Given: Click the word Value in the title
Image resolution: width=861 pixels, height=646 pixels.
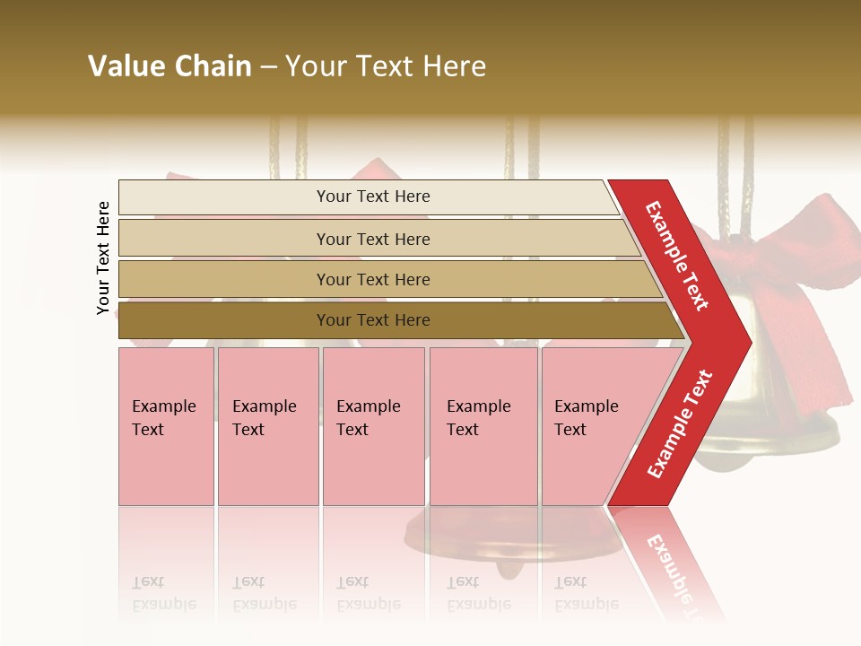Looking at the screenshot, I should (x=125, y=66).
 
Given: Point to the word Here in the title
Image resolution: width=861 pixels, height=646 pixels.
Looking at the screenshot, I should (x=453, y=66).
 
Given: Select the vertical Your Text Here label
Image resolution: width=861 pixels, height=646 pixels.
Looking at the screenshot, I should (x=103, y=258).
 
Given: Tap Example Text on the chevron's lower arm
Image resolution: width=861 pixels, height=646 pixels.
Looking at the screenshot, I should (x=679, y=423).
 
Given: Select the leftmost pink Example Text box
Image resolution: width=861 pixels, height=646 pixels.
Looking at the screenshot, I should (x=166, y=426).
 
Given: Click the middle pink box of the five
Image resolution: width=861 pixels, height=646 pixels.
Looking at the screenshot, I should (x=373, y=426).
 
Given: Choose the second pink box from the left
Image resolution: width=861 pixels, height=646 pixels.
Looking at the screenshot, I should (x=268, y=426).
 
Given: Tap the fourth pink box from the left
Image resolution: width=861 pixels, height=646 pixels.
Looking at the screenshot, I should (x=483, y=426).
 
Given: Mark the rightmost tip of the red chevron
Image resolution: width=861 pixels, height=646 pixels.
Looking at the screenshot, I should (x=750, y=342).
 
